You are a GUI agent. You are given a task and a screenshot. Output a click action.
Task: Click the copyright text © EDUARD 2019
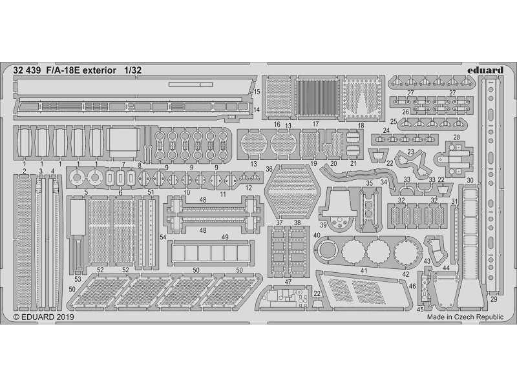44,317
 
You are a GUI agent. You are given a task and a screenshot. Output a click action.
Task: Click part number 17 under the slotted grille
315,124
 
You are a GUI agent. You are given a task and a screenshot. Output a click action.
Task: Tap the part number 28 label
456,137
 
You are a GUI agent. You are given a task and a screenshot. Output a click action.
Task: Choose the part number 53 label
78,279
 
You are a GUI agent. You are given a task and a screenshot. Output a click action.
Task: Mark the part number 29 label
494,299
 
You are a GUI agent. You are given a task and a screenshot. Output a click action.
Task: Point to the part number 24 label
386,130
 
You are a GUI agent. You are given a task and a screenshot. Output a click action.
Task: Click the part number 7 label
123,165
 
